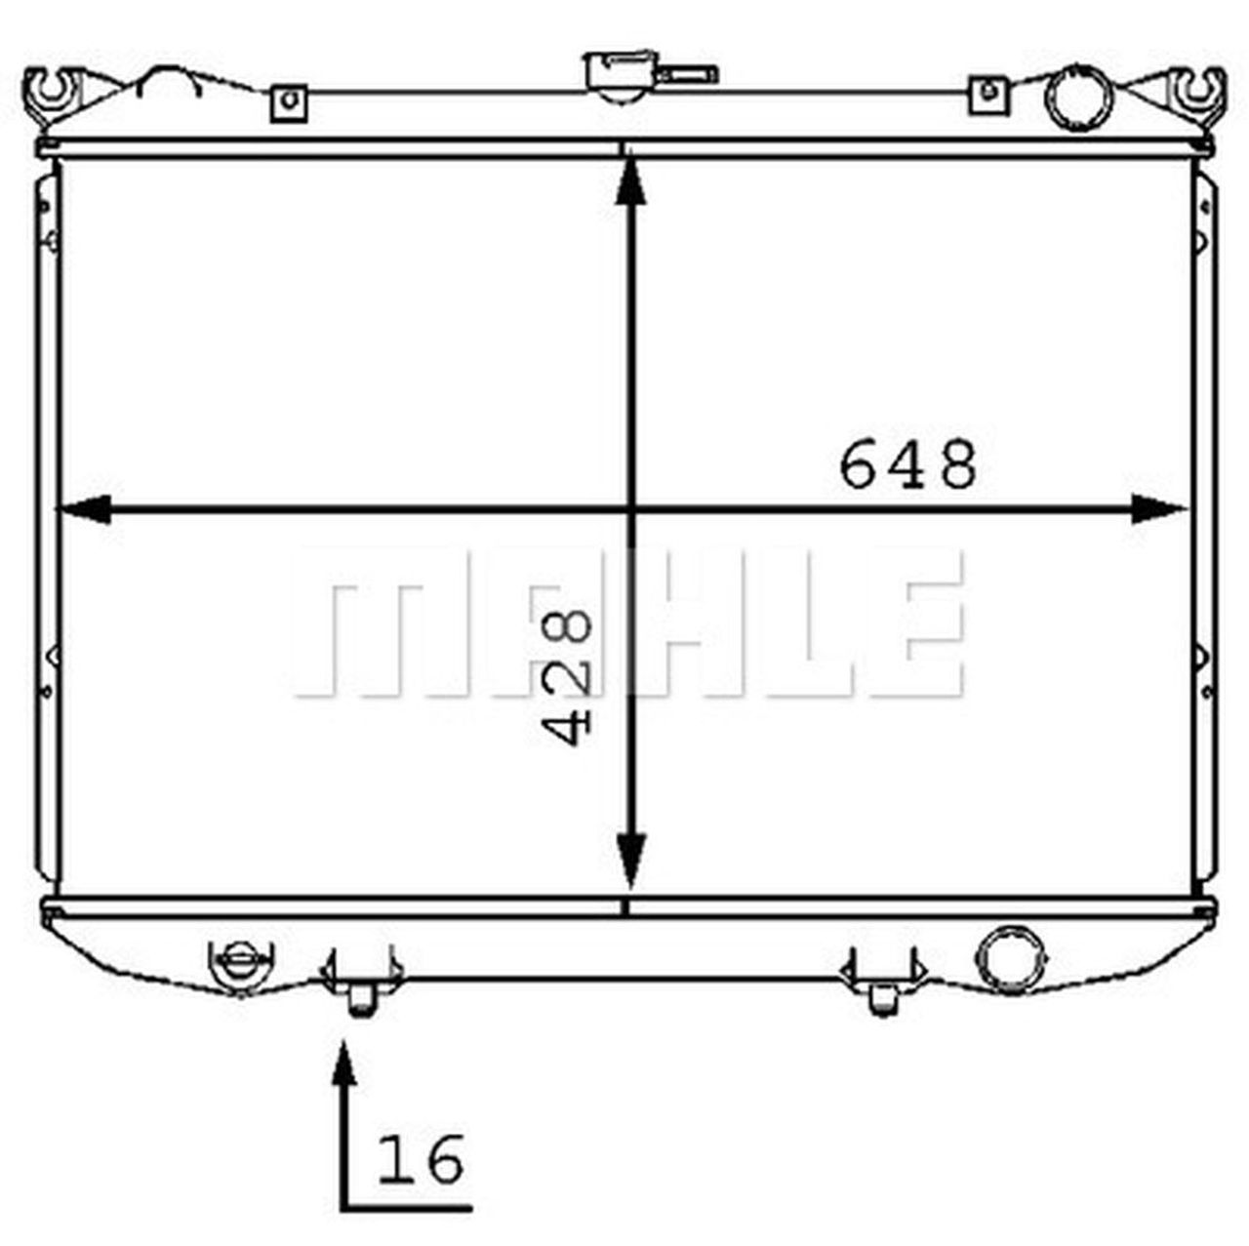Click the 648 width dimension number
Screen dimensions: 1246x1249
click(x=907, y=464)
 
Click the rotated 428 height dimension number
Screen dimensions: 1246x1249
click(x=566, y=675)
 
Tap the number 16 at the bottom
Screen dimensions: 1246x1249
click(x=422, y=1159)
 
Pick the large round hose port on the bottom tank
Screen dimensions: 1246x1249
click(x=1010, y=956)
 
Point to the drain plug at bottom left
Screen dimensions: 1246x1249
click(x=240, y=966)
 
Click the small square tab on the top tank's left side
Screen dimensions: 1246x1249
click(x=288, y=101)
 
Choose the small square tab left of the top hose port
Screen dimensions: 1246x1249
click(x=987, y=94)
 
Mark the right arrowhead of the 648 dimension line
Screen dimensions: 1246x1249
click(x=1161, y=508)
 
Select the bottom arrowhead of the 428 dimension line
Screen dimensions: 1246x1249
click(x=632, y=864)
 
